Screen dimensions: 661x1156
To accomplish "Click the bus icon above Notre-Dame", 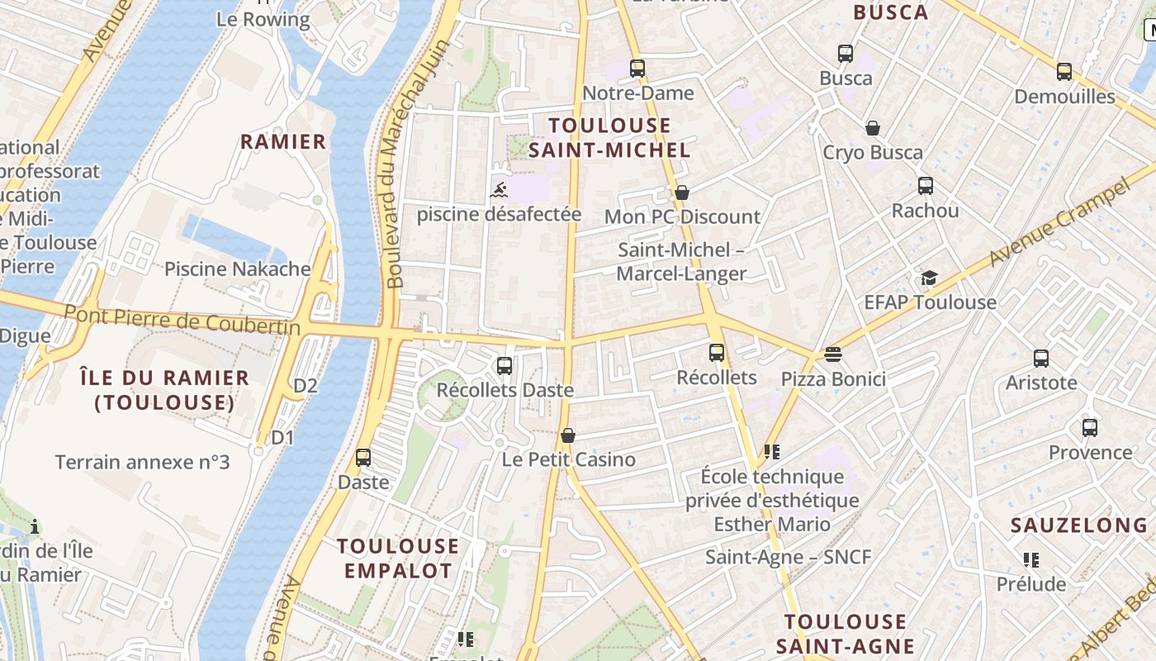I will pos(637,68).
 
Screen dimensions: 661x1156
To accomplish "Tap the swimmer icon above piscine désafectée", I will pos(499,191).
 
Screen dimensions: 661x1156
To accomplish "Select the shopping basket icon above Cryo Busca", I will pos(872,128).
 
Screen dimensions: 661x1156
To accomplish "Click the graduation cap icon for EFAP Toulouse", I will pos(930,278).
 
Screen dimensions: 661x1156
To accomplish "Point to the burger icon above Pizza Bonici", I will pos(832,354).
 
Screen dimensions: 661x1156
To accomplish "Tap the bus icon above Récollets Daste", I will pos(504,365).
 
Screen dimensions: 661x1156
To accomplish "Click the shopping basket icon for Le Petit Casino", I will pos(567,435).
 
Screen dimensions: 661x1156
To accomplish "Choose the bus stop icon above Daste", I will pos(363,457).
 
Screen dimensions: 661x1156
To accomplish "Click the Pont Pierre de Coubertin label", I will pos(182,321).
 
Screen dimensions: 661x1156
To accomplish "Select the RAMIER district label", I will pos(283,142).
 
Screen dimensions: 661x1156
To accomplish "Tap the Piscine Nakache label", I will pos(237,269).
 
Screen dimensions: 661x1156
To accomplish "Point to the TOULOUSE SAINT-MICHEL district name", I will pos(609,137).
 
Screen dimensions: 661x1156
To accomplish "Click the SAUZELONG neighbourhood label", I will pos(1079,525).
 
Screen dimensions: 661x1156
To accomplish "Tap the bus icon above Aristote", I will pos(1040,359).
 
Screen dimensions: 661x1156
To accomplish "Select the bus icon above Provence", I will pos(1090,428).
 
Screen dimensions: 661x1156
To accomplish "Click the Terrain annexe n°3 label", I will pos(142,462).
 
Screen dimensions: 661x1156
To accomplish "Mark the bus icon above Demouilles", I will pos(1064,72).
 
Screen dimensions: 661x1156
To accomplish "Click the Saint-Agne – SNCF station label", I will pos(788,557).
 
